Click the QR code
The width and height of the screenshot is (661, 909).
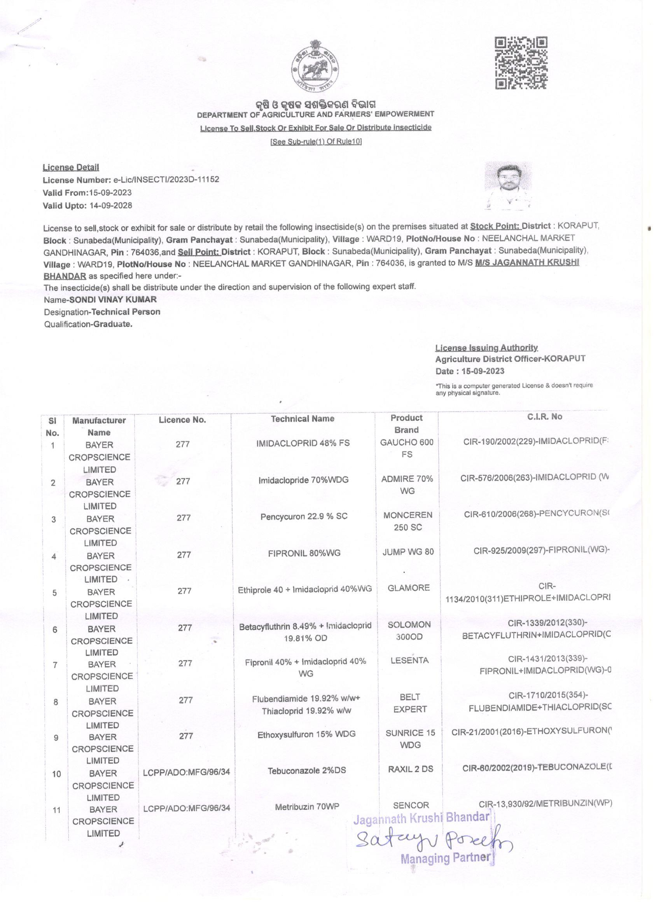(521, 63)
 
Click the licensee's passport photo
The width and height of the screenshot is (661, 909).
(508, 185)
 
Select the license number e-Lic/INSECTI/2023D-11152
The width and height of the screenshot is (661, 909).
(164, 180)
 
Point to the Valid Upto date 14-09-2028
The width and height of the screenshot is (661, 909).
(111, 206)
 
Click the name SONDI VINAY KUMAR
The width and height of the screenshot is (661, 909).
(113, 299)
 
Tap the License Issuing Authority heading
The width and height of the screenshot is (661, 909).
(486, 348)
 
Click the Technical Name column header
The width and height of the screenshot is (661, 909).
(302, 419)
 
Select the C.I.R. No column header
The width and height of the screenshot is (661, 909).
(544, 417)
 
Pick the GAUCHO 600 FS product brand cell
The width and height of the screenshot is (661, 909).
(406, 448)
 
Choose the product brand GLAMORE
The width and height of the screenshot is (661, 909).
(409, 588)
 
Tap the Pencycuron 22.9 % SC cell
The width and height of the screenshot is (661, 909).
(304, 517)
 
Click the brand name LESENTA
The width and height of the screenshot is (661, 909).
(409, 660)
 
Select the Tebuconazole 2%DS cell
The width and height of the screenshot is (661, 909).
(307, 770)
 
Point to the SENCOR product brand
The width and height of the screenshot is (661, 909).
(411, 805)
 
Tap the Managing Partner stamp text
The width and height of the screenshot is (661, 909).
(445, 858)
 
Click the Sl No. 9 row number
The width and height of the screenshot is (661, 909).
(56, 738)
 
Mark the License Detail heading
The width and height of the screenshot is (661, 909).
(71, 168)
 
